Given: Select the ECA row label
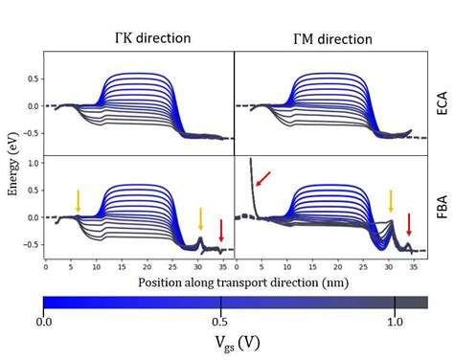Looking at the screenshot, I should pos(436,101).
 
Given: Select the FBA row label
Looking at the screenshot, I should pos(436,206).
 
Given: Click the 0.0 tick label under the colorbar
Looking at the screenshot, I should pos(45,323).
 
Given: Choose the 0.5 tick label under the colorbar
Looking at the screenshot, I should pos(221,323).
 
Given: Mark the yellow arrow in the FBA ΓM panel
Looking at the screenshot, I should pos(390,199).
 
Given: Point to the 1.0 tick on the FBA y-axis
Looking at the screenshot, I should pos(34,164).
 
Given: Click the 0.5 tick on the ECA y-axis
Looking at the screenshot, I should pos(34,78).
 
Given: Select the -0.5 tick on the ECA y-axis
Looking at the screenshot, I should pos(33,134).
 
